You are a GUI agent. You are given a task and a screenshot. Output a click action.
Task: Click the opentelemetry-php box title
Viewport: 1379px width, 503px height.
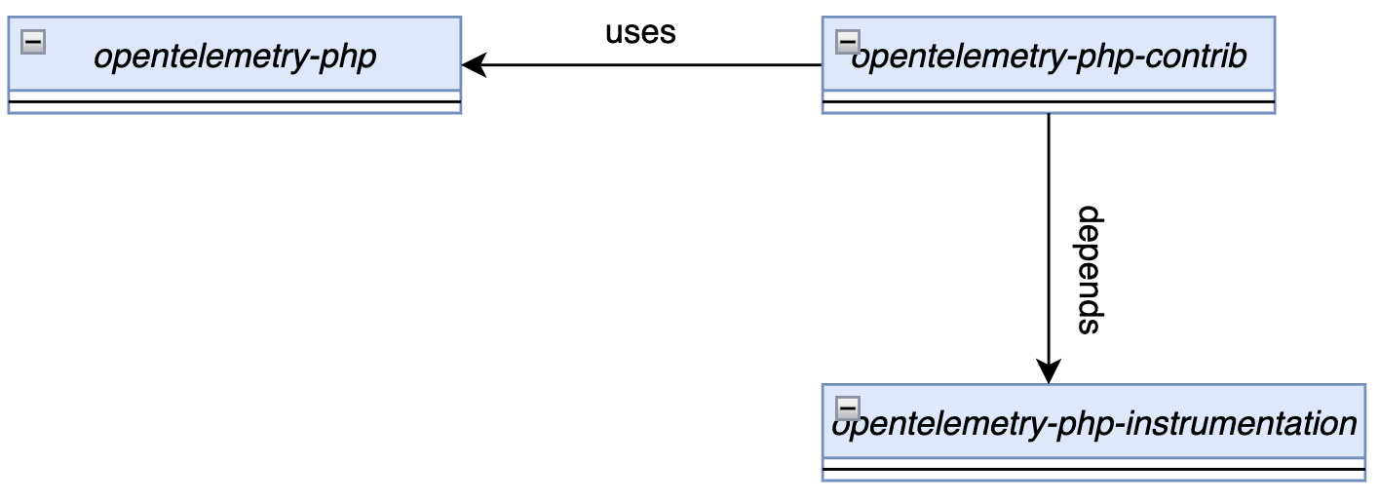pyautogui.click(x=235, y=57)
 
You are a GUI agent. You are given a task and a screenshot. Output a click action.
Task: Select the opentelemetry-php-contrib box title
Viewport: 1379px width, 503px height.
pyautogui.click(x=1050, y=57)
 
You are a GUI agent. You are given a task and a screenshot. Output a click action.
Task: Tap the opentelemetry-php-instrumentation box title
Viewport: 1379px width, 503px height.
pyautogui.click(x=1093, y=424)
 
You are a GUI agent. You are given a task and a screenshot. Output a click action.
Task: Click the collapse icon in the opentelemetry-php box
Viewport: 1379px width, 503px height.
pyautogui.click(x=33, y=41)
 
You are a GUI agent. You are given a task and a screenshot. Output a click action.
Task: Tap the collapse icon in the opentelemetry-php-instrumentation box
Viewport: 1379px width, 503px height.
pyautogui.click(x=848, y=408)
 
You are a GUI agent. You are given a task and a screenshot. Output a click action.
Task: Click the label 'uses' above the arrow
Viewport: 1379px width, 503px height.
pyautogui.click(x=640, y=32)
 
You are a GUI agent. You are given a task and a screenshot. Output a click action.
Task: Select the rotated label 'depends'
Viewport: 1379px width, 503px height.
pyautogui.click(x=1089, y=270)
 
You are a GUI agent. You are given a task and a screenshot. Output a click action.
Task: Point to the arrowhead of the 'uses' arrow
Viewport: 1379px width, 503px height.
pyautogui.click(x=472, y=65)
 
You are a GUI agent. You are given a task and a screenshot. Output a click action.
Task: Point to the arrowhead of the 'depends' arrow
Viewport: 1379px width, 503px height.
pyautogui.click(x=1049, y=372)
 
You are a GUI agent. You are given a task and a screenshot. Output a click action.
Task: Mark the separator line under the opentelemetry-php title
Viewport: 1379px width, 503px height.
pyautogui.click(x=235, y=101)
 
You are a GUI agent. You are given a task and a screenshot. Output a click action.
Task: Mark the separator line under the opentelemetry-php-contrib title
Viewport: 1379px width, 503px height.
pyautogui.click(x=1049, y=101)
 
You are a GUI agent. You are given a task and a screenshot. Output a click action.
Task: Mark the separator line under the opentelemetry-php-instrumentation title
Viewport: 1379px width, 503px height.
pyautogui.click(x=1093, y=469)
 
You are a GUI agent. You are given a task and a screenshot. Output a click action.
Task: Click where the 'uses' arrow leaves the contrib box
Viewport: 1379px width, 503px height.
pyautogui.click(x=823, y=65)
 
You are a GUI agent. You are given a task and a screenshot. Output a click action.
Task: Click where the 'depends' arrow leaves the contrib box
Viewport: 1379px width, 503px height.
pyautogui.click(x=1049, y=114)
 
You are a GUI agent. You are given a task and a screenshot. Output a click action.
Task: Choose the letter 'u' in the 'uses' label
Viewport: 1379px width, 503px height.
pyautogui.click(x=614, y=33)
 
